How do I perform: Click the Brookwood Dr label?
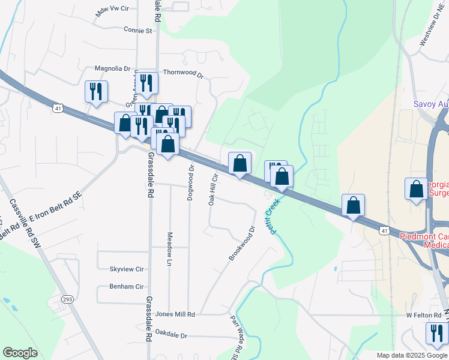click(x=242, y=243)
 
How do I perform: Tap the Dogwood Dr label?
click(x=191, y=183)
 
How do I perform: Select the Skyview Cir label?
click(x=127, y=269)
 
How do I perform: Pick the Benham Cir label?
click(x=127, y=287)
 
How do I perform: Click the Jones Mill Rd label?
click(x=175, y=314)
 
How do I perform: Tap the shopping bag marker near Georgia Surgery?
click(x=416, y=190)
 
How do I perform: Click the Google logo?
click(x=20, y=353)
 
